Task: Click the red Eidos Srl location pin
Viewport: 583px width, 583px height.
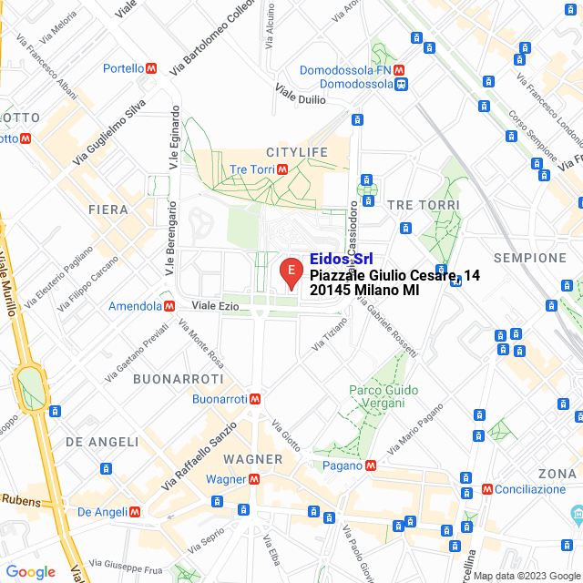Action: coord(291,272)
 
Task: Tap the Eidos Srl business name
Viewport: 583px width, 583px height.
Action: coord(341,259)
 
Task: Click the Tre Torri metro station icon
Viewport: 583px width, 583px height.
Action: coord(282,169)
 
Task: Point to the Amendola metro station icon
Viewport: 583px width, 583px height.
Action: coord(168,306)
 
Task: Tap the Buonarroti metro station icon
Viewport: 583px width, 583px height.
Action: coord(256,399)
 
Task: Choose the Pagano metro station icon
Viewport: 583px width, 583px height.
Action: coord(371,465)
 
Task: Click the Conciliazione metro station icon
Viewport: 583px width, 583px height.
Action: coord(487,489)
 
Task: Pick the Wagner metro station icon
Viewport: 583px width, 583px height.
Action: coord(254,479)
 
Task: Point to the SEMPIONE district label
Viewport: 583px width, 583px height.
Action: coord(530,258)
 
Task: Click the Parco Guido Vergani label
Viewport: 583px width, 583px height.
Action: coord(384,396)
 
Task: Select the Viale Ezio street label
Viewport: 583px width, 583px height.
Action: coord(215,306)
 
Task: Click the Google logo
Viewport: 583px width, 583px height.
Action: coord(30,572)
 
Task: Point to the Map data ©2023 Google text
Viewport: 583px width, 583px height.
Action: coord(526,576)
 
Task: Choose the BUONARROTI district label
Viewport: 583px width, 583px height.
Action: coord(178,378)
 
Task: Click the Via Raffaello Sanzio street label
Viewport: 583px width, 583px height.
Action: coord(199,454)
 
